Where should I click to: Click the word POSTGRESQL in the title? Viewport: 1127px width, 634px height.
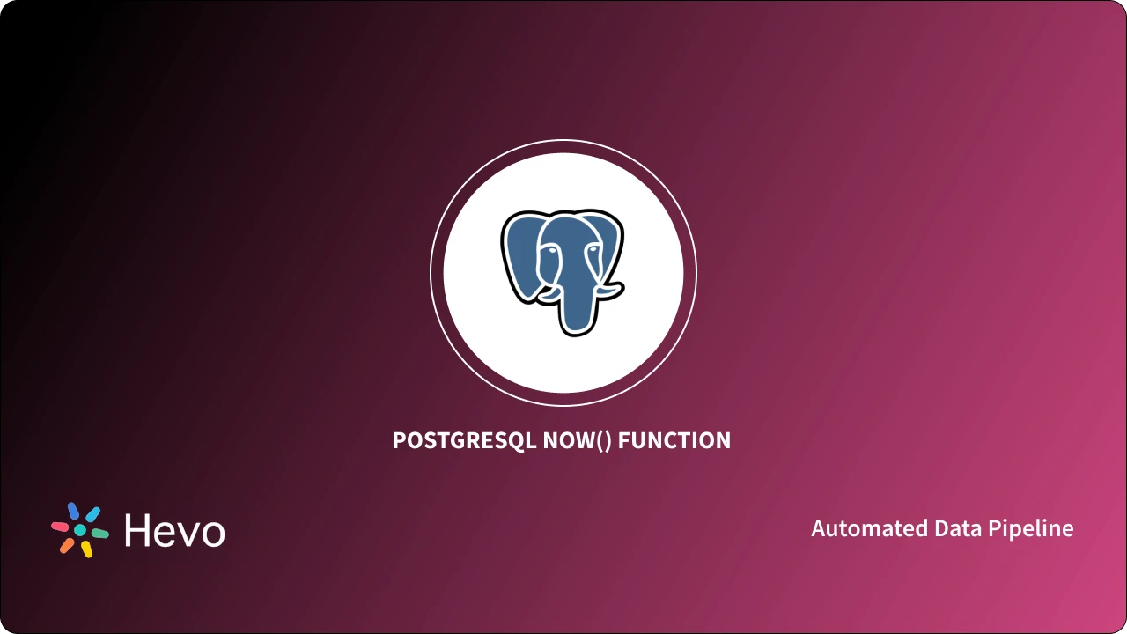(x=464, y=440)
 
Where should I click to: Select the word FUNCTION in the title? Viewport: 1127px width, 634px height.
(x=674, y=440)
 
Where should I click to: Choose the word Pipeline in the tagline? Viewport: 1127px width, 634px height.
(x=1031, y=528)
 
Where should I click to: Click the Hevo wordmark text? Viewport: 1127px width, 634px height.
(x=174, y=530)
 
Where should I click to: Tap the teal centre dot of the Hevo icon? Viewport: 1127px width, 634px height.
(x=80, y=530)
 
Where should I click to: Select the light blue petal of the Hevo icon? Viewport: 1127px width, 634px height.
(x=92, y=513)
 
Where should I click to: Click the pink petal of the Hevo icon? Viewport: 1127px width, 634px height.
(x=60, y=527)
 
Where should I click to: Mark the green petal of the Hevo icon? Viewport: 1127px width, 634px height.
(x=100, y=534)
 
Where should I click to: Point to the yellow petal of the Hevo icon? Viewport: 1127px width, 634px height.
(x=86, y=549)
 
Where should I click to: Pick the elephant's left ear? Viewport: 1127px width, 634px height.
(x=519, y=255)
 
